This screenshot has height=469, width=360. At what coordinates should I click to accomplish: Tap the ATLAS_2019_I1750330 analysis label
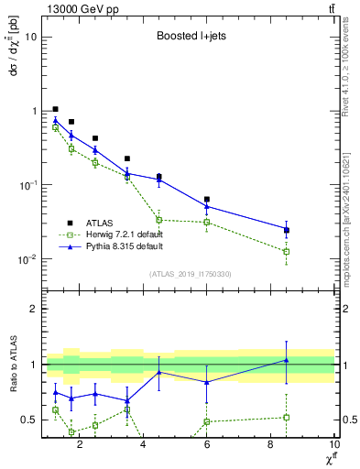point(189,274)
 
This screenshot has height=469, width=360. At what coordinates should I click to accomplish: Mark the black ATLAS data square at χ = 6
point(207,199)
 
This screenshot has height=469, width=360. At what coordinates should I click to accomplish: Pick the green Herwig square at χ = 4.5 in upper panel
point(159,220)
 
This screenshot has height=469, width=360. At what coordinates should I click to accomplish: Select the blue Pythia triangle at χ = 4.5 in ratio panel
point(159,372)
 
